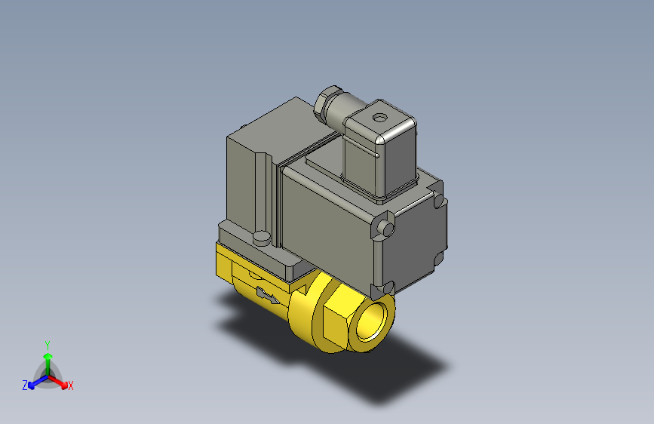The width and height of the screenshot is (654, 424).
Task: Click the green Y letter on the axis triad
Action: pyautogui.click(x=48, y=343)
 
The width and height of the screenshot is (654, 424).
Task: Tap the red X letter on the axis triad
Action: pyautogui.click(x=71, y=386)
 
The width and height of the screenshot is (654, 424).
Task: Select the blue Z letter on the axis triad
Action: pyautogui.click(x=25, y=386)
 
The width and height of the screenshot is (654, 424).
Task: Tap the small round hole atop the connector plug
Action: pyautogui.click(x=379, y=118)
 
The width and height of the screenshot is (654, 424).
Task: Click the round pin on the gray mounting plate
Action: pyautogui.click(x=262, y=238)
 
